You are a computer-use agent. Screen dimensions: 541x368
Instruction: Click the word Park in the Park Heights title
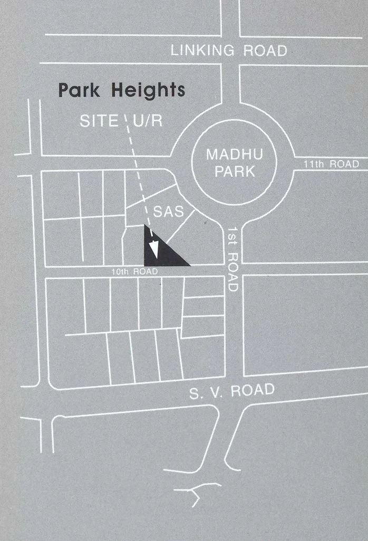[x=81, y=90]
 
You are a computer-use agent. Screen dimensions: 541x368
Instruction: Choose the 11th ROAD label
[x=331, y=164]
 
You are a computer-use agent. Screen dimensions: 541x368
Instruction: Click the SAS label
[x=168, y=212]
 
